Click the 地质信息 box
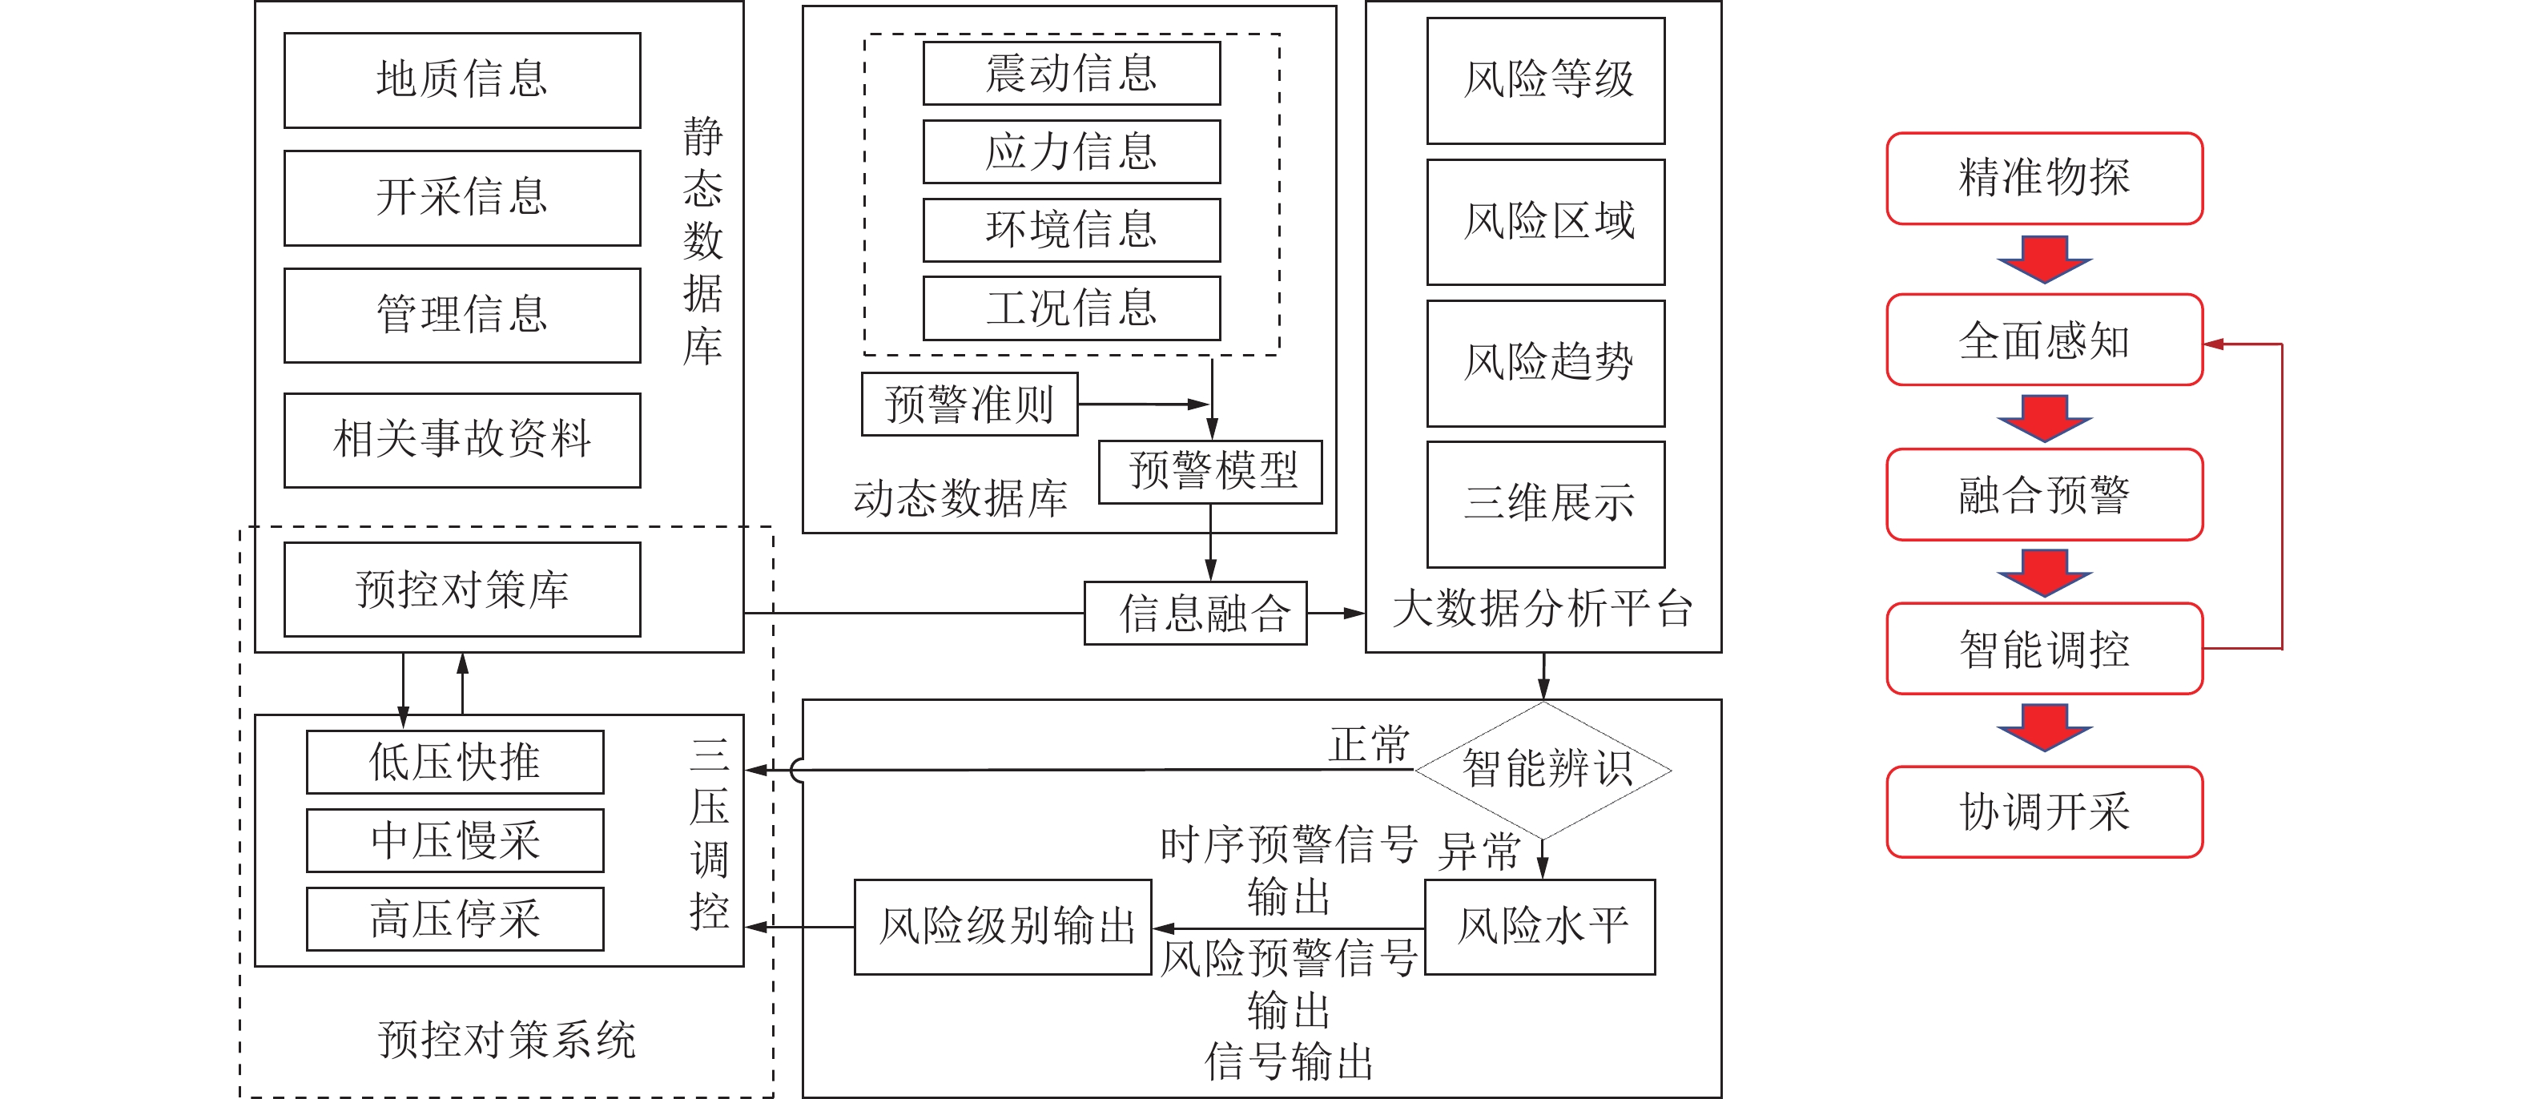[462, 80]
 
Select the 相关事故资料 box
[462, 440]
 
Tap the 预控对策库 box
[462, 590]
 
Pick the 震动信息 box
[1072, 74]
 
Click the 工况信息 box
[1072, 308]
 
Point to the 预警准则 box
[968, 404]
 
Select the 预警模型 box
[1210, 472]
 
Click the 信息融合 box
[1195, 613]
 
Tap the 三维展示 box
[1546, 505]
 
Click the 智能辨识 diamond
[1543, 770]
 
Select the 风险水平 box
[1539, 927]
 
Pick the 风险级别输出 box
[1003, 927]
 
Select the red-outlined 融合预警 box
[2044, 495]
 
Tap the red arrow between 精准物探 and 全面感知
[2044, 259]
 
